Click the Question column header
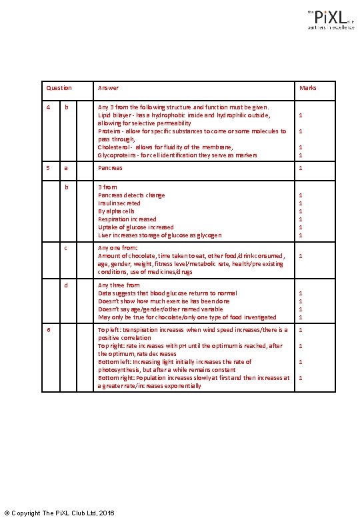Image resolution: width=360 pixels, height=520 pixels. click(59, 88)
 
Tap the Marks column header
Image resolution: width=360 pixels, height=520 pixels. click(308, 88)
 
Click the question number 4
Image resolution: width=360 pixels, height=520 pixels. click(47, 107)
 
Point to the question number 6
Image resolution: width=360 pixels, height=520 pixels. click(47, 329)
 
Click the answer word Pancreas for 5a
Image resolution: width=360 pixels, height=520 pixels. click(110, 168)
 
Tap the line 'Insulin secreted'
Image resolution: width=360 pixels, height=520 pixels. click(119, 203)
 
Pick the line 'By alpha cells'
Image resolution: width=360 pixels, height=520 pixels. click(116, 211)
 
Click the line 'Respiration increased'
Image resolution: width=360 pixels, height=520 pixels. click(127, 219)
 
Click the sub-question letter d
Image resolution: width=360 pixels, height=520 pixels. click(65, 285)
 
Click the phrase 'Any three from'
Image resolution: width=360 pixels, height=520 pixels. click(119, 285)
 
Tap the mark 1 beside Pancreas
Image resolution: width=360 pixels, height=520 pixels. click(301, 168)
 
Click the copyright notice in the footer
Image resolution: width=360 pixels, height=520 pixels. click(59, 512)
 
